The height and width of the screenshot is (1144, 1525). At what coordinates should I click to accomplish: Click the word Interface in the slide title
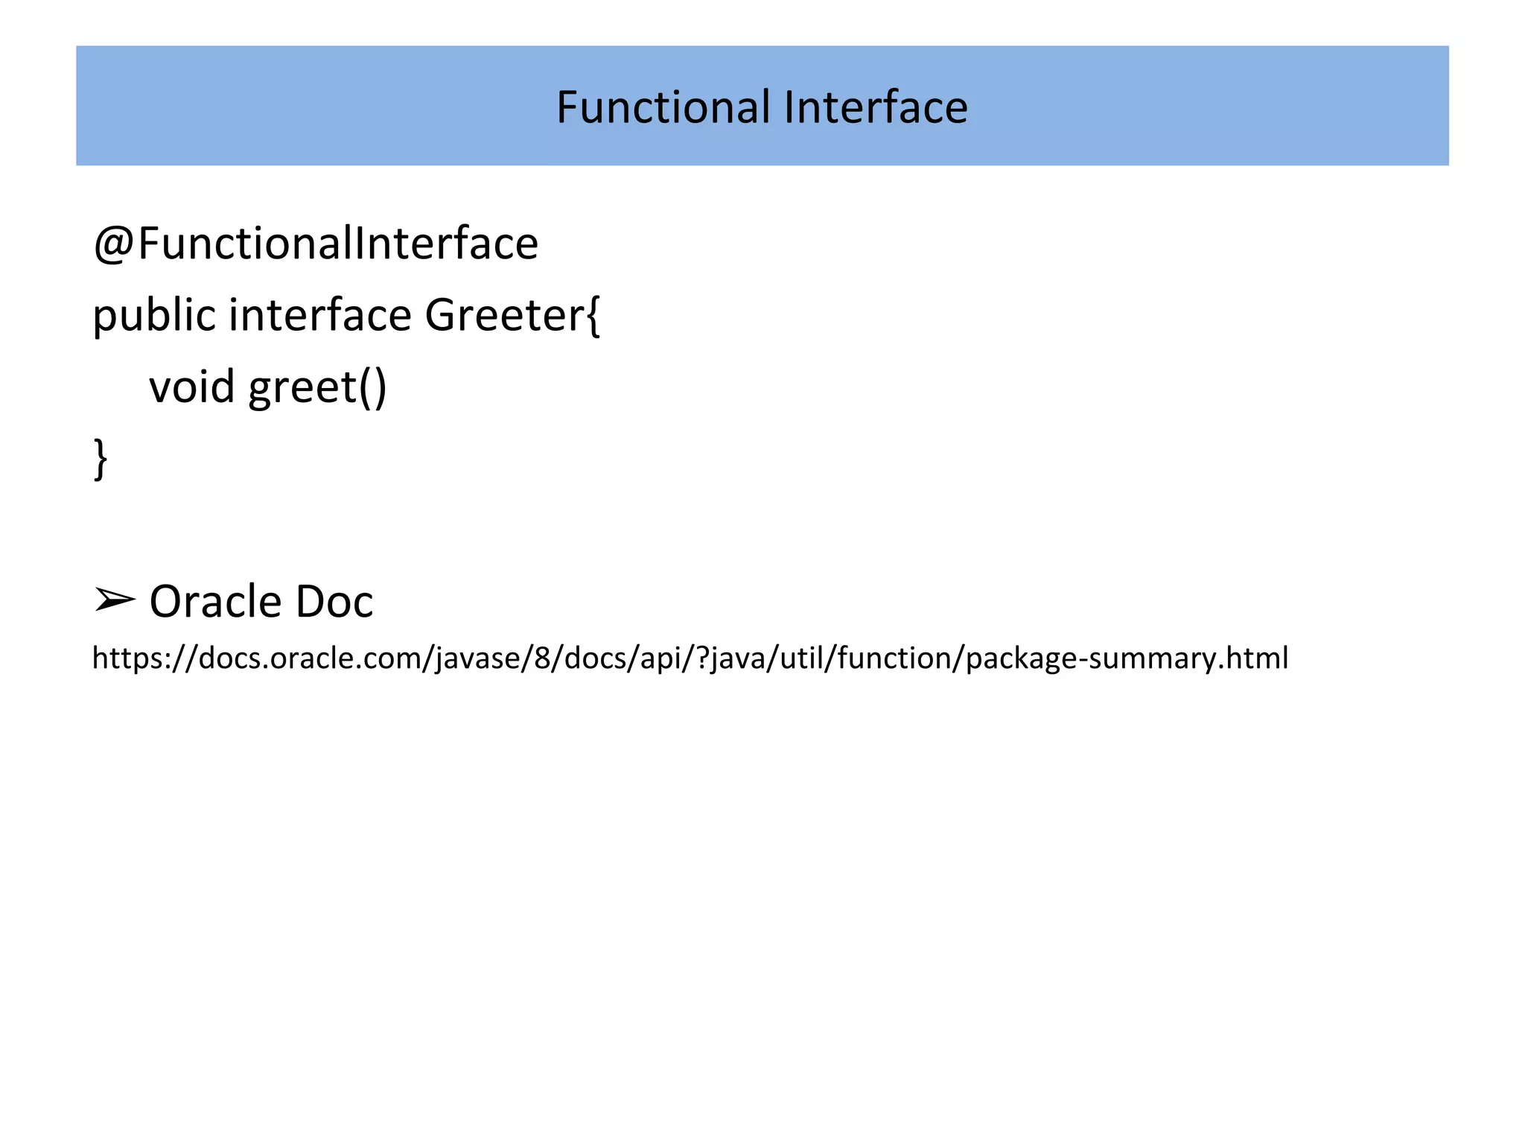(876, 107)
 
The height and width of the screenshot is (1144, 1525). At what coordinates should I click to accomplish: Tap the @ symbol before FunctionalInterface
(113, 244)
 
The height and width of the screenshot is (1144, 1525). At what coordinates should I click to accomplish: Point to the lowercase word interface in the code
(320, 314)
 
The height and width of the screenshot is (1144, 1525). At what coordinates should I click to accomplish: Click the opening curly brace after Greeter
(593, 316)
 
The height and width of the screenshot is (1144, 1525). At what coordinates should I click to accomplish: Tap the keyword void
(192, 387)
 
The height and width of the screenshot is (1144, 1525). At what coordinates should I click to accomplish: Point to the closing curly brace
(101, 459)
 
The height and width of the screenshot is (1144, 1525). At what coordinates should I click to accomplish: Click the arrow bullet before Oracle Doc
(115, 600)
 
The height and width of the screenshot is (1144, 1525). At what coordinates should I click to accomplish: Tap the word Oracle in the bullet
(215, 602)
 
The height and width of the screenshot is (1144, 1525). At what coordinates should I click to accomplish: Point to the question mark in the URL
(702, 658)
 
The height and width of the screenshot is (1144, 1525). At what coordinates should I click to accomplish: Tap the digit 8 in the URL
(541, 658)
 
